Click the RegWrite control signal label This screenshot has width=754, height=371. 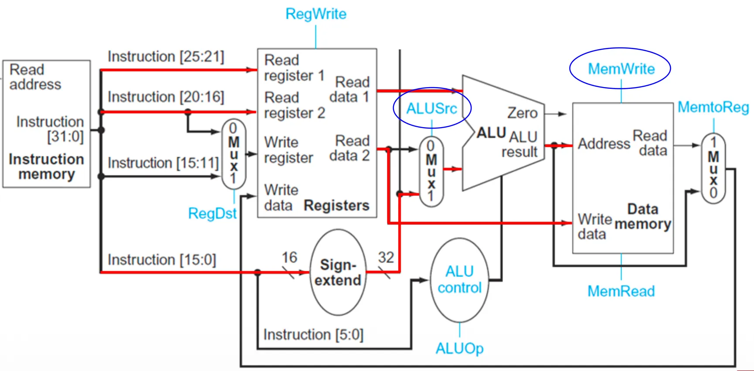pyautogui.click(x=316, y=14)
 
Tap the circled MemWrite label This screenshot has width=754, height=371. pyautogui.click(x=621, y=69)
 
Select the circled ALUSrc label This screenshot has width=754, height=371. pyautogui.click(x=431, y=108)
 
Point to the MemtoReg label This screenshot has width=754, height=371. pyautogui.click(x=713, y=107)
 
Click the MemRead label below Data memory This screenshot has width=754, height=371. pyautogui.click(x=621, y=291)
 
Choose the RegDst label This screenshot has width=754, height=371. pyautogui.click(x=212, y=213)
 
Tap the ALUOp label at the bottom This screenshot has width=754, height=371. pyautogui.click(x=459, y=348)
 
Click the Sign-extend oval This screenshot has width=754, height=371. pyautogui.click(x=338, y=273)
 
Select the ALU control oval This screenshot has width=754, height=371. pyautogui.click(x=459, y=280)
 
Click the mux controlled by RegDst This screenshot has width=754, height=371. pyautogui.click(x=234, y=154)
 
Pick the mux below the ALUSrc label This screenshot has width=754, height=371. pyautogui.click(x=431, y=172)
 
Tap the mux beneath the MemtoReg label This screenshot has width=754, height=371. pyautogui.click(x=713, y=168)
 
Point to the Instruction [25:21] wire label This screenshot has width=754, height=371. pyautogui.click(x=166, y=57)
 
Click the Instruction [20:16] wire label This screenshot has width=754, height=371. pyautogui.click(x=166, y=97)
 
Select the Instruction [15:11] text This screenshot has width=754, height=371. pyautogui.click(x=163, y=163)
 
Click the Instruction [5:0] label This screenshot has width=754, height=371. pyautogui.click(x=313, y=334)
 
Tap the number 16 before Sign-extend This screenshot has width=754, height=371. pyautogui.click(x=289, y=257)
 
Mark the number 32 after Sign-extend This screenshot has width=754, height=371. pyautogui.click(x=386, y=257)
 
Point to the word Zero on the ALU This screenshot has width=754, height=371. pyautogui.click(x=522, y=113)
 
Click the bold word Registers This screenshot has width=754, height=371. pyautogui.click(x=336, y=205)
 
